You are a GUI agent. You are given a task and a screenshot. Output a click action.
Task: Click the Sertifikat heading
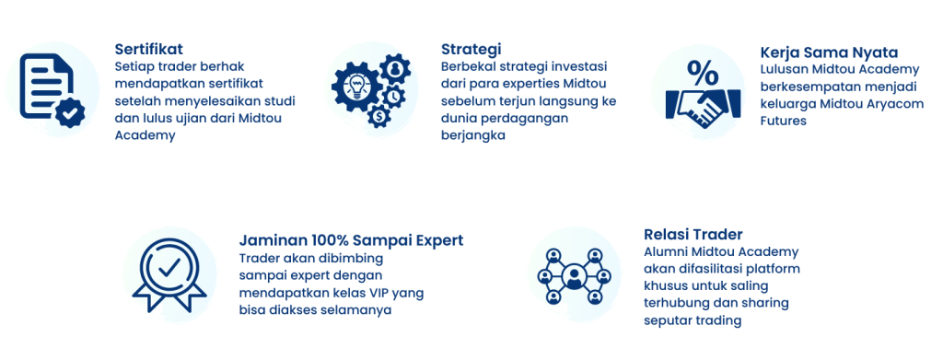point(148,49)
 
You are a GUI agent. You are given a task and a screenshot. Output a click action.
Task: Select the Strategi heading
point(471,50)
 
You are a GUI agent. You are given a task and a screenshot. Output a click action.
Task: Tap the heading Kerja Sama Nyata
point(829,52)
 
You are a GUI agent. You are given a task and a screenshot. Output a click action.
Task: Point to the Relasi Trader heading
point(693,234)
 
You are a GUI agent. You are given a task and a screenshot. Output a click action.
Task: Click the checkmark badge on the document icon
point(70,111)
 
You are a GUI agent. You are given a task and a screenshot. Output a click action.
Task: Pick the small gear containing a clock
point(393,96)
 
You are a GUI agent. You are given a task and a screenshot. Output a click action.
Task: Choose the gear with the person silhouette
point(395,69)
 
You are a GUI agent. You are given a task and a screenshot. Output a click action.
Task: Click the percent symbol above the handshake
point(703,74)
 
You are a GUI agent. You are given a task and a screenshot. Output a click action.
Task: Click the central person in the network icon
point(575,276)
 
